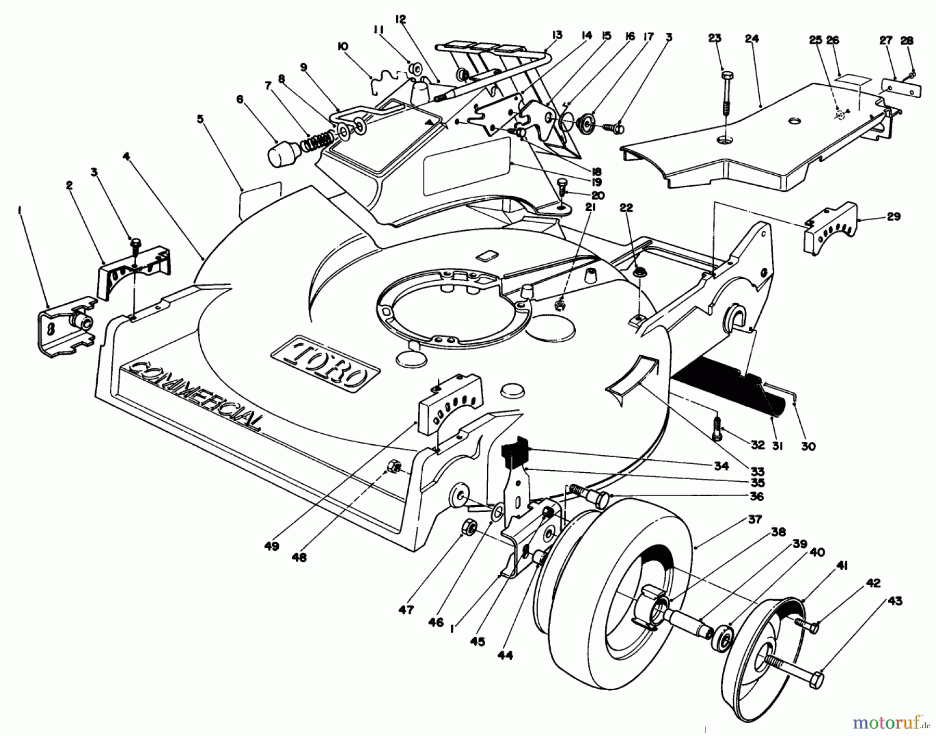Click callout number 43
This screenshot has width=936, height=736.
click(x=895, y=601)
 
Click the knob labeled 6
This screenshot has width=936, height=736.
click(x=281, y=153)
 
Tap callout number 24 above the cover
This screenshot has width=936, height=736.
click(x=752, y=38)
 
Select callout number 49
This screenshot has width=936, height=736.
click(x=271, y=546)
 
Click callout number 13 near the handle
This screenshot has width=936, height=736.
click(x=557, y=35)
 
